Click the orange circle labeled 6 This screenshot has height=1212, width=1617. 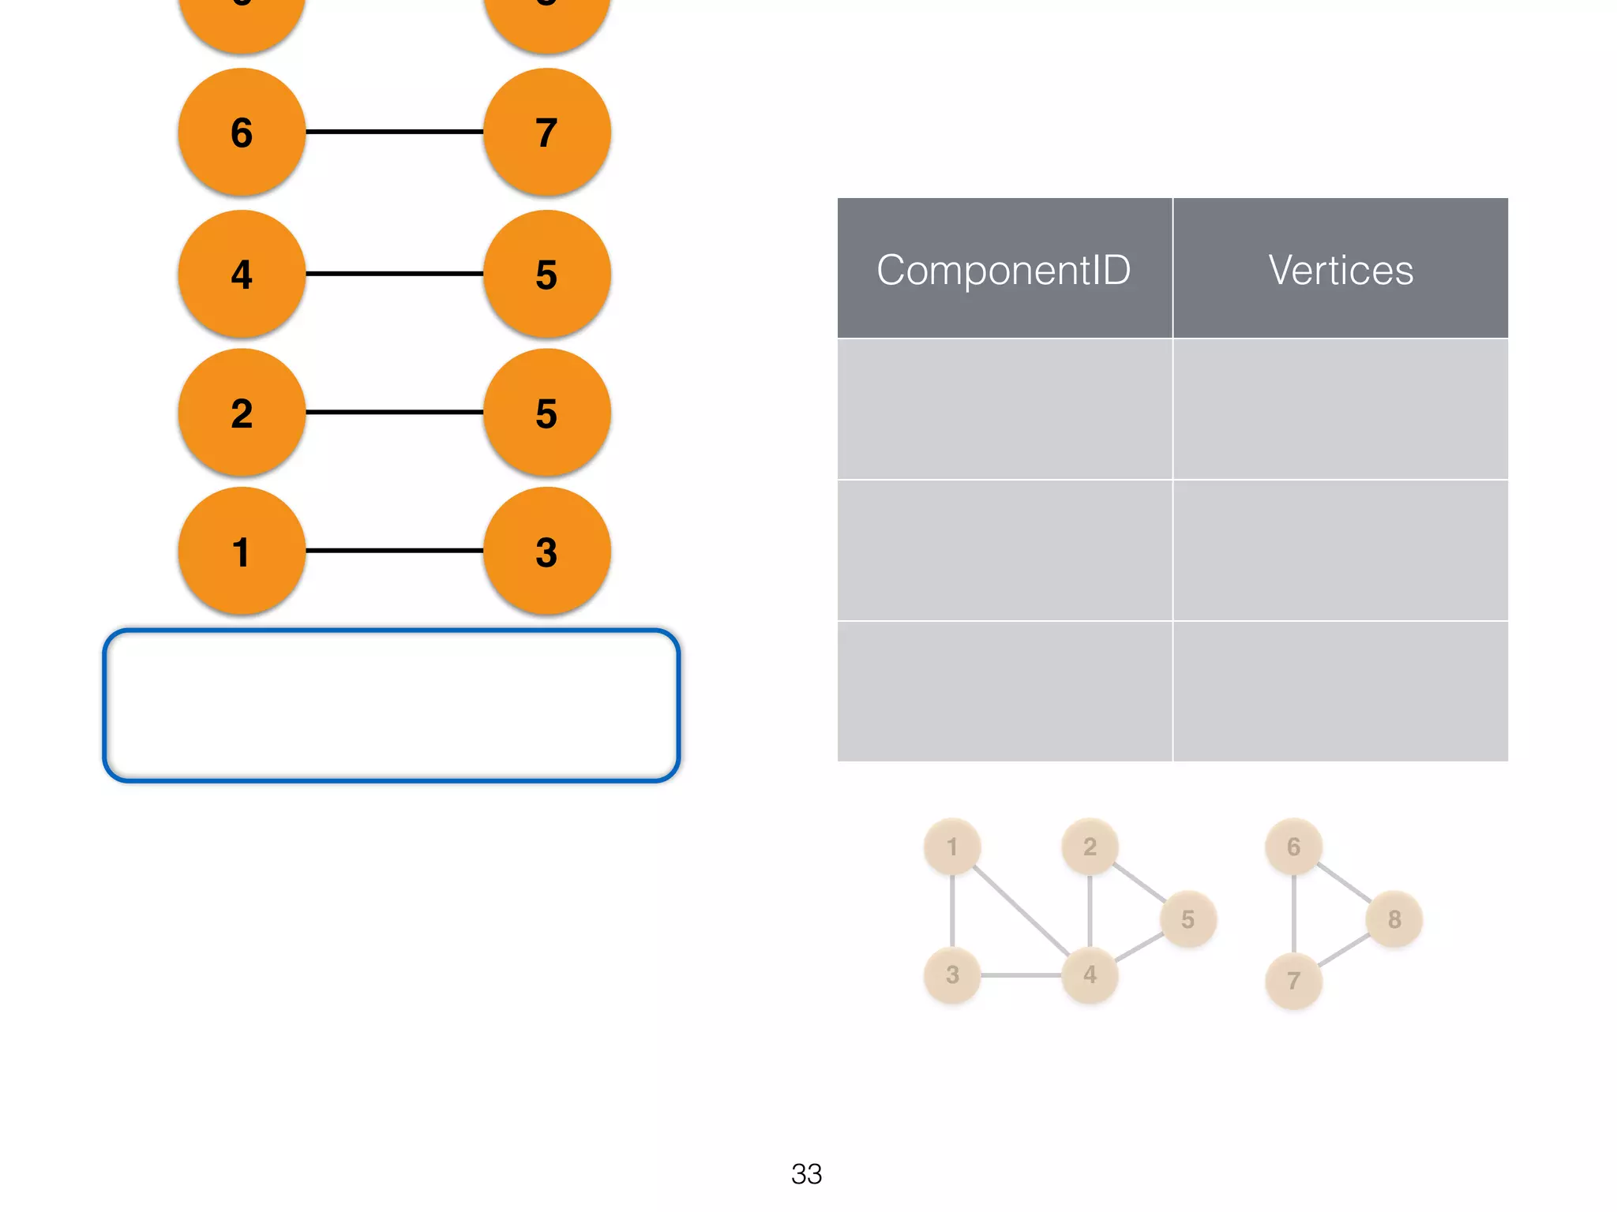point(242,132)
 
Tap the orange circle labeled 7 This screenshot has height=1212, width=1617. point(546,132)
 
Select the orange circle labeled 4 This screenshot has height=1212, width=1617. point(242,274)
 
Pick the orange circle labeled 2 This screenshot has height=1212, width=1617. point(242,412)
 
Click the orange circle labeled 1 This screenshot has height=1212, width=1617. point(242,551)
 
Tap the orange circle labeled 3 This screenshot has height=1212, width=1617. point(546,551)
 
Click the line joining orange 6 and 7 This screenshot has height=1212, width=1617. point(394,132)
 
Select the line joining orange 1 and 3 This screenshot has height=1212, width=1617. point(394,550)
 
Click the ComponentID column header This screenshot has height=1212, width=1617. point(1004,269)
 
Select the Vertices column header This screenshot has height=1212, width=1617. point(1341,269)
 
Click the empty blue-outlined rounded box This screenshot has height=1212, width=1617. point(392,705)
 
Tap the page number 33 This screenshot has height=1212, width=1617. point(806,1173)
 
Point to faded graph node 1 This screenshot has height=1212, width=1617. point(952,847)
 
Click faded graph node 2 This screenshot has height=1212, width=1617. point(1090,847)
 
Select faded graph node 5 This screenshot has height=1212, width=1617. point(1187,918)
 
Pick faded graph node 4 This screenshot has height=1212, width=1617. point(1090,974)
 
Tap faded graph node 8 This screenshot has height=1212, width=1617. point(1394,918)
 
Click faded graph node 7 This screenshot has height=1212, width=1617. point(1293,980)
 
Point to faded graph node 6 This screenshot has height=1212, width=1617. point(1293,847)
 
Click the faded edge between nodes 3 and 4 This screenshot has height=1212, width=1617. point(1021,975)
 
